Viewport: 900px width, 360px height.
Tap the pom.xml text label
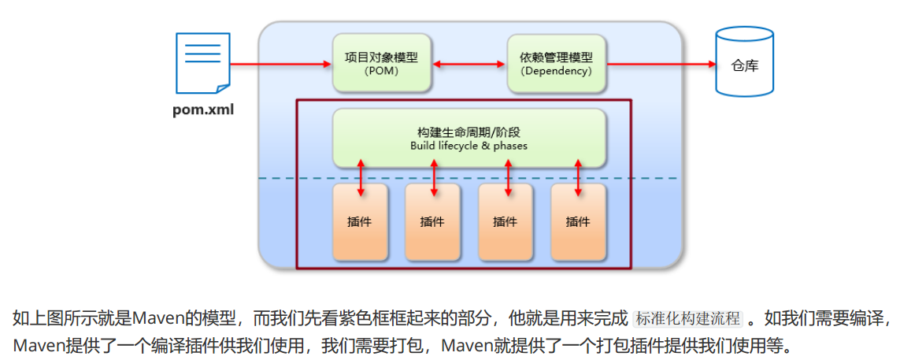203,109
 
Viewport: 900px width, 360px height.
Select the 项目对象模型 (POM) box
382,63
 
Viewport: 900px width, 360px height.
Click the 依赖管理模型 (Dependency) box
556,63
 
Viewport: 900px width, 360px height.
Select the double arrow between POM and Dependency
469,63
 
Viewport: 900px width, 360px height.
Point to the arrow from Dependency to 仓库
660,63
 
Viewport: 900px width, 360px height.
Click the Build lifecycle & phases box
469,138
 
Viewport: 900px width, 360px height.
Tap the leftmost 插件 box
360,222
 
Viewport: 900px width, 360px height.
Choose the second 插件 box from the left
432,222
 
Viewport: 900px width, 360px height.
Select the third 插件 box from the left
506,222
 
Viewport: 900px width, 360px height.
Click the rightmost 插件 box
578,222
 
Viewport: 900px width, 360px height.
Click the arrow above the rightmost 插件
579,176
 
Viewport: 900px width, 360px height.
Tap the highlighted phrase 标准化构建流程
687,319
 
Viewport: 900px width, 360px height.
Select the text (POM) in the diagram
382,71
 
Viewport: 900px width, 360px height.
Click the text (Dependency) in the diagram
556,71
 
